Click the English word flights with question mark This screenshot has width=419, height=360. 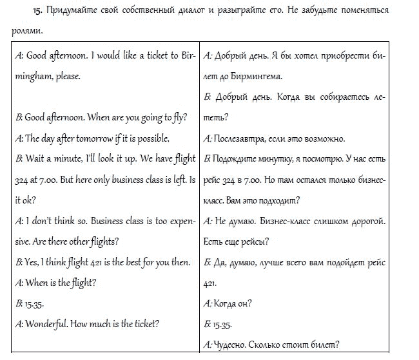click(x=103, y=241)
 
